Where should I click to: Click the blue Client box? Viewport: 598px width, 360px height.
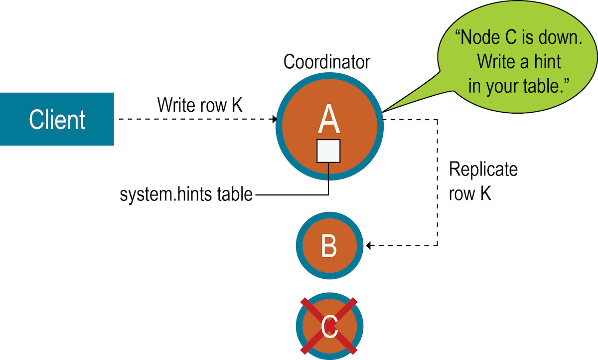tap(57, 119)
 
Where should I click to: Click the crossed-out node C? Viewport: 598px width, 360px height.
tap(329, 326)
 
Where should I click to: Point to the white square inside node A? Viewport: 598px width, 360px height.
tap(329, 151)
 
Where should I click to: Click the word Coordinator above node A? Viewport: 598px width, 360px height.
tap(327, 62)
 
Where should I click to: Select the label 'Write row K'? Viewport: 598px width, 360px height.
tap(200, 106)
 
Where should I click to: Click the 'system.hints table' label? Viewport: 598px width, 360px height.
tap(186, 194)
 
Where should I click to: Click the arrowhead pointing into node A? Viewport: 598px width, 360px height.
tap(274, 119)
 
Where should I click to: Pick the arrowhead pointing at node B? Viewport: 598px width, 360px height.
tap(369, 245)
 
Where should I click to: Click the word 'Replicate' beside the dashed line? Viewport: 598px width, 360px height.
tap(483, 170)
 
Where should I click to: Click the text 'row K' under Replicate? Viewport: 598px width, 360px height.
tap(470, 194)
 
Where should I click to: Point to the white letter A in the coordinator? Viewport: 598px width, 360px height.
tap(329, 120)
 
